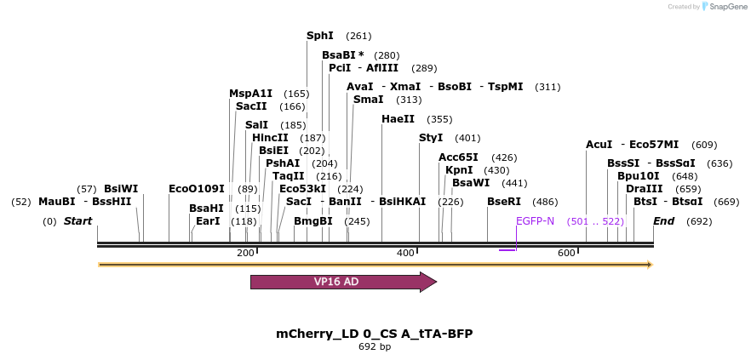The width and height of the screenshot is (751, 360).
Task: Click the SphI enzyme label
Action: coord(320,36)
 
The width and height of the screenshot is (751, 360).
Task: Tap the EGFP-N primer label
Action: coord(535,221)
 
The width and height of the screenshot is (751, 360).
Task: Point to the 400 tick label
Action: coord(405,253)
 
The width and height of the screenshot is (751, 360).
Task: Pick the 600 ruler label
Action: coord(566,253)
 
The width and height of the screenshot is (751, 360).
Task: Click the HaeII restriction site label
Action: coord(398,119)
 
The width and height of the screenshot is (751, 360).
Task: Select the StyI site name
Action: coord(431,138)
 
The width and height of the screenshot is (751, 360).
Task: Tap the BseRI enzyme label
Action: coord(503,203)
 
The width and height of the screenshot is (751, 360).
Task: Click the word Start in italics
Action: coord(77,221)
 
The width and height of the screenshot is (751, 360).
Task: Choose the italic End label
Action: coord(664,221)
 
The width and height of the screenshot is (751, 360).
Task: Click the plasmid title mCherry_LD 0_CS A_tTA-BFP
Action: coord(375,334)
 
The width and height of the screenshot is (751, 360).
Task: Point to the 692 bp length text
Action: coord(375,347)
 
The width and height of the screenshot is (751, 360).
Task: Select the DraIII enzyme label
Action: coord(644,189)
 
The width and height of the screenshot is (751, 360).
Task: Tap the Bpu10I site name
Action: coord(638,176)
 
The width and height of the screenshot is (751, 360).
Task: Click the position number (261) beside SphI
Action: coord(358,36)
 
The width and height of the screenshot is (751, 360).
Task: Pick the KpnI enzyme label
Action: coord(459,170)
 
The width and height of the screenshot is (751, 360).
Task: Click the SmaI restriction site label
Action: coord(368,100)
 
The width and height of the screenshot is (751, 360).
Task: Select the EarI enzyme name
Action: coord(208,221)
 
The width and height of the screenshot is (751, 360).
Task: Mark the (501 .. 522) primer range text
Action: coord(595,221)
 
